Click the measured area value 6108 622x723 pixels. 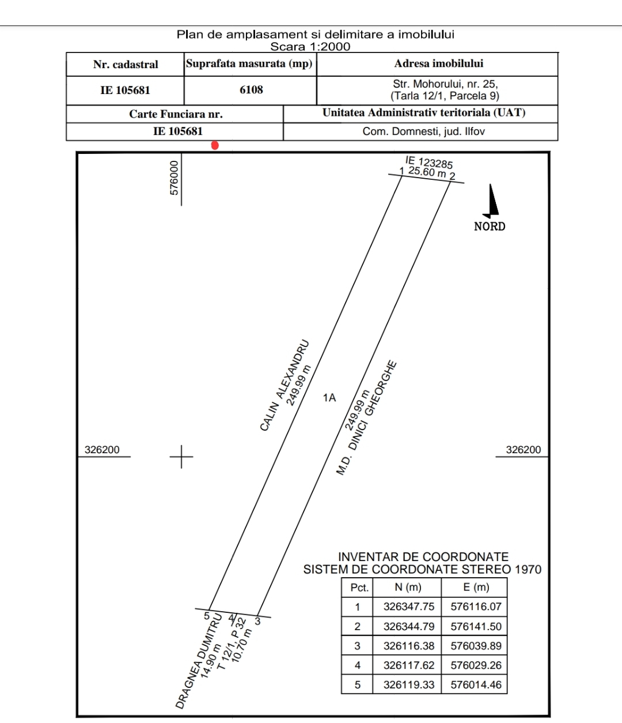[x=251, y=90]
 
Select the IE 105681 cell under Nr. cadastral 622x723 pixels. [x=125, y=90]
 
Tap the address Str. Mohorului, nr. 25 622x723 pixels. [x=445, y=84]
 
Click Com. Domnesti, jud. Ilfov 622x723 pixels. [x=423, y=131]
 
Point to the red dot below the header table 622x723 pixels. [x=215, y=145]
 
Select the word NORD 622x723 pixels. [x=490, y=227]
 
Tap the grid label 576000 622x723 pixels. [x=175, y=178]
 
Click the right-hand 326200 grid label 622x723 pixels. [x=523, y=450]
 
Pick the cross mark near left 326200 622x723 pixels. [x=182, y=457]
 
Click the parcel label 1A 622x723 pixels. [x=329, y=398]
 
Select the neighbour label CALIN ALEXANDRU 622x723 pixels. [x=285, y=386]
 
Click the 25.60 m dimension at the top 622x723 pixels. [x=427, y=172]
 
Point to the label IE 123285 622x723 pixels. [x=429, y=162]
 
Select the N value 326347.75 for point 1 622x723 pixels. [x=408, y=607]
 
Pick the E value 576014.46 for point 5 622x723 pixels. [x=476, y=684]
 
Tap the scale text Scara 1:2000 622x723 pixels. [x=310, y=47]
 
